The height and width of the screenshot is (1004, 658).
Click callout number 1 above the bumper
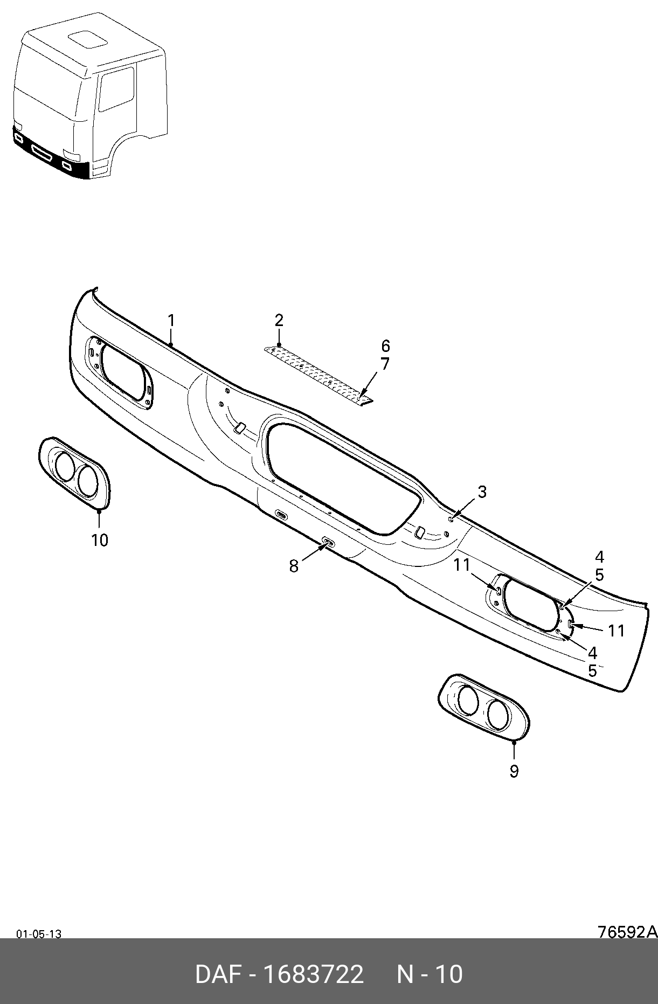[x=171, y=321]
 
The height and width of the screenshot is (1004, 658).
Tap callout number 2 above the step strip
[x=279, y=320]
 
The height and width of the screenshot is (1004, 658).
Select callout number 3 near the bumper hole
[x=482, y=491]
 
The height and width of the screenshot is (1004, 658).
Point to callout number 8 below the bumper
[x=294, y=566]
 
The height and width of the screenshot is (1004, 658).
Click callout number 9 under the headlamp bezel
[x=514, y=771]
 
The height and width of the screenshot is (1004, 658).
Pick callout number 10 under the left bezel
[x=100, y=540]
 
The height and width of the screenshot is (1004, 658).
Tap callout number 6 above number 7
[x=385, y=346]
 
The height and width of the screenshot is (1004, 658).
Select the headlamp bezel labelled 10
[x=75, y=473]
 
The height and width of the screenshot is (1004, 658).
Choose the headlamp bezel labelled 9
[x=483, y=706]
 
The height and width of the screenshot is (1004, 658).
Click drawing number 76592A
[x=627, y=932]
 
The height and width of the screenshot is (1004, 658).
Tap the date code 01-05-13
[x=39, y=934]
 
